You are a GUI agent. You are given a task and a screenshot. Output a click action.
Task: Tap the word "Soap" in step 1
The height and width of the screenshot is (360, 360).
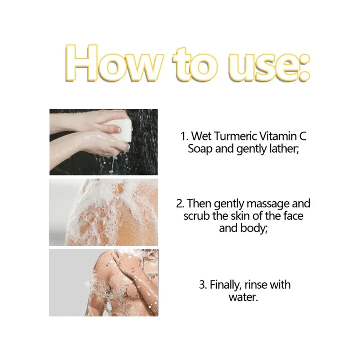(200, 149)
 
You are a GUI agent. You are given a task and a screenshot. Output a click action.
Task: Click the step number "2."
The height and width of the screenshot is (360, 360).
(180, 204)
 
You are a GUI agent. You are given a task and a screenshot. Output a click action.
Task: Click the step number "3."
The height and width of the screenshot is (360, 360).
(203, 285)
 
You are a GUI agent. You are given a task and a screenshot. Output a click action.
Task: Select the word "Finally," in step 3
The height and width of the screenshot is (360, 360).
(225, 285)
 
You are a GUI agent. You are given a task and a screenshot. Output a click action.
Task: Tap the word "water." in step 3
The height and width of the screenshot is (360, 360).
(243, 297)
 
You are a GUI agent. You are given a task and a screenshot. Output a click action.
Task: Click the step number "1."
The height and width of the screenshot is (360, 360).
(185, 136)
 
